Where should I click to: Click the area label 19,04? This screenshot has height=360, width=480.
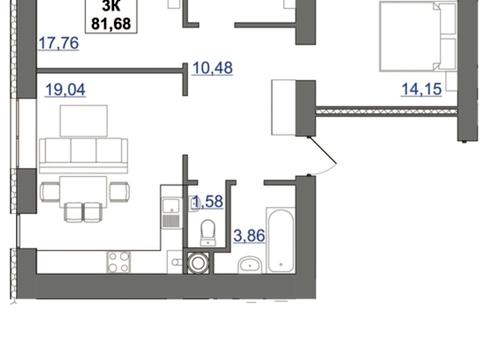[65, 90]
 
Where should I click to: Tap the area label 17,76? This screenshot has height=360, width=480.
[59, 43]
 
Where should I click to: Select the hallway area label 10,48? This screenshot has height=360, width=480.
[212, 68]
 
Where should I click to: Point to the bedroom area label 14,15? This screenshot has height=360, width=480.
[421, 89]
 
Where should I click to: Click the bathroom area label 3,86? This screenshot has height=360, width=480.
[249, 236]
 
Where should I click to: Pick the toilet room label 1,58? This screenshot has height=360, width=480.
[208, 201]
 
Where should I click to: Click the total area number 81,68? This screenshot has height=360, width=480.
[111, 24]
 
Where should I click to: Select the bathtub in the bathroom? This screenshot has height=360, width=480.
[281, 240]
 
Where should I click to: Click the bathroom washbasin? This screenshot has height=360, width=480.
[250, 264]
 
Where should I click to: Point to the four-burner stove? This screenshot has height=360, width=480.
[119, 262]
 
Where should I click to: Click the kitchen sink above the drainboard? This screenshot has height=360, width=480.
[172, 206]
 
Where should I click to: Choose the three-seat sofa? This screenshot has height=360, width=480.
[83, 156]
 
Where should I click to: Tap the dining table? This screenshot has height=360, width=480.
[83, 192]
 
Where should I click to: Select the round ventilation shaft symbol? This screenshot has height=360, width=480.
[198, 263]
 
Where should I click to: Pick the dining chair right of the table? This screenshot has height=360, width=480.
[119, 192]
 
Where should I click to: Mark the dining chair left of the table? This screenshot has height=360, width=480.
[50, 192]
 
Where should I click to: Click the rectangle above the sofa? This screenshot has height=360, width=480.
[84, 121]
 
